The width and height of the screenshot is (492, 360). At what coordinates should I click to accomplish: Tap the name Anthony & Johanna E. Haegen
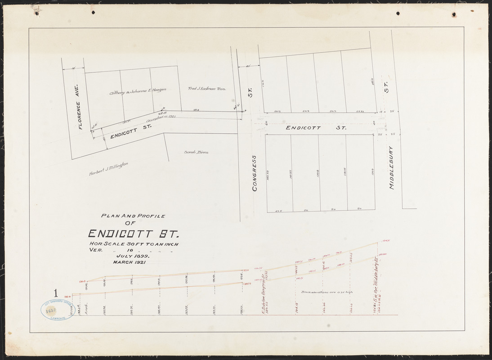pyautogui.click(x=138, y=90)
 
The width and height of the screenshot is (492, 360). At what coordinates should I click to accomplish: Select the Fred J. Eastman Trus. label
pyautogui.click(x=207, y=89)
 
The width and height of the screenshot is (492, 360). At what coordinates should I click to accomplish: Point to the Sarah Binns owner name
pyautogui.click(x=197, y=152)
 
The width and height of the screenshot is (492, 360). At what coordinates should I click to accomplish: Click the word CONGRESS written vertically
pyautogui.click(x=255, y=173)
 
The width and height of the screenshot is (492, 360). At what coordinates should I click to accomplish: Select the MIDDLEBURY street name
pyautogui.click(x=391, y=167)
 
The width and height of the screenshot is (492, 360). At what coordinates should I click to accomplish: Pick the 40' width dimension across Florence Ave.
pyautogui.click(x=73, y=68)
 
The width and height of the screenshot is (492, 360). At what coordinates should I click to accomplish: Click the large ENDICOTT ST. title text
pyautogui.click(x=134, y=234)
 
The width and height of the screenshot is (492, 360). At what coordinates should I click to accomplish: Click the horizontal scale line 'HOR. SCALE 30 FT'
pyautogui.click(x=134, y=244)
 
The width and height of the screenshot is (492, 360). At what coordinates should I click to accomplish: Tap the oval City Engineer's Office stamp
pyautogui.click(x=58, y=310)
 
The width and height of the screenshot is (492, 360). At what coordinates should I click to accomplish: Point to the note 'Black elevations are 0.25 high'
pyautogui.click(x=327, y=292)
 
